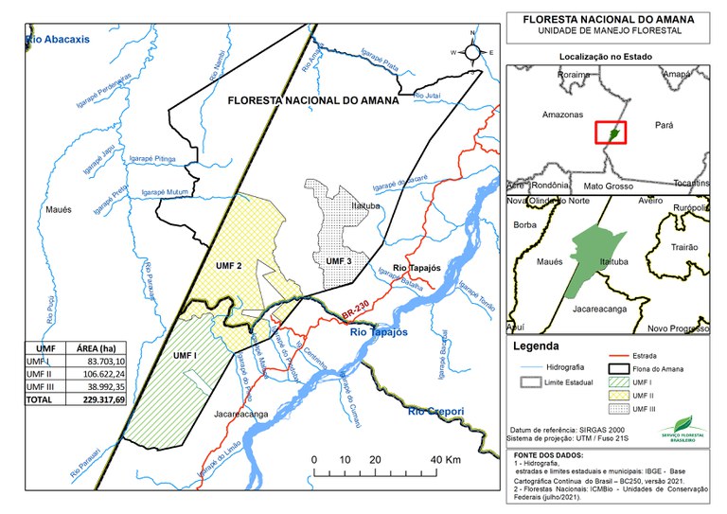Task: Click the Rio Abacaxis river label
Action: click(x=58, y=39)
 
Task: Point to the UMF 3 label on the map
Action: click(x=338, y=260)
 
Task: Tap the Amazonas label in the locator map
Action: click(x=561, y=115)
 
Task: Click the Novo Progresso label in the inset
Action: click(x=678, y=328)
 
